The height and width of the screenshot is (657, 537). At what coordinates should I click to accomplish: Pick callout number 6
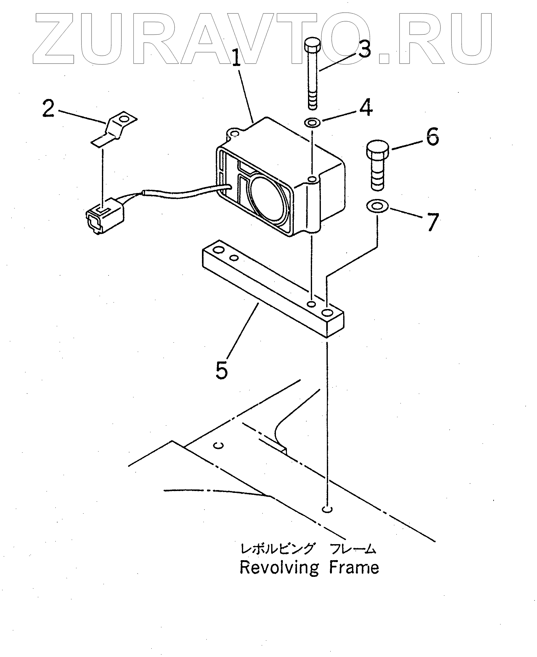433,137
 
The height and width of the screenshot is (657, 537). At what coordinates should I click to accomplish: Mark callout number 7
433,222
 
